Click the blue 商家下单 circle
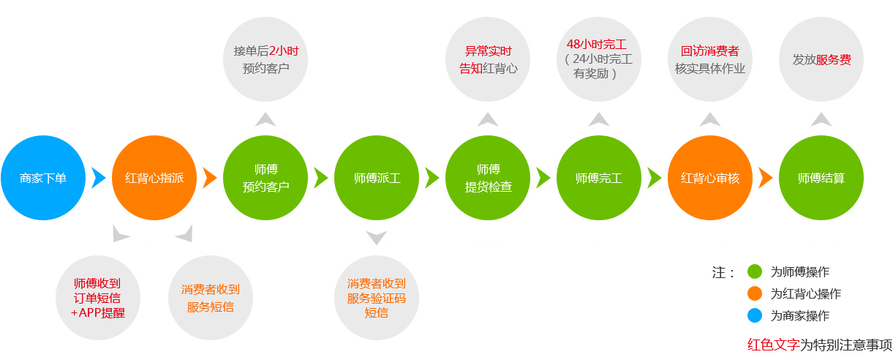coord(43,178)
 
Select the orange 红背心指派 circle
coord(154,178)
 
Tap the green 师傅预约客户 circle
coord(265,178)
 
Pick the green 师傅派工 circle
coord(377,178)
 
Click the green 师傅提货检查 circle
coord(488,178)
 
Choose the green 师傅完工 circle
coord(599,178)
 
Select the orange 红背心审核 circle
coord(710,178)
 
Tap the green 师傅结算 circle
coord(821,178)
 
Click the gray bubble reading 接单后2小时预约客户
coord(265,59)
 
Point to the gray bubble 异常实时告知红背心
coord(488,59)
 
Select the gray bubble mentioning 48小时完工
coord(599,59)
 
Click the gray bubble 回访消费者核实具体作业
coord(710,59)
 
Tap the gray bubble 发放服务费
coord(821,59)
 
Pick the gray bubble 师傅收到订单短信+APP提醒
coord(98,298)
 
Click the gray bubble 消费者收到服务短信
coord(211,298)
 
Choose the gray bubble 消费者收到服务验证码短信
coord(377,298)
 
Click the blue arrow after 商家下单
coord(98,178)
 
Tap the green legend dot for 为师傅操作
coord(755,271)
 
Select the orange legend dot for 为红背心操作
coord(755,293)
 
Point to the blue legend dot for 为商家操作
coord(755,315)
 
